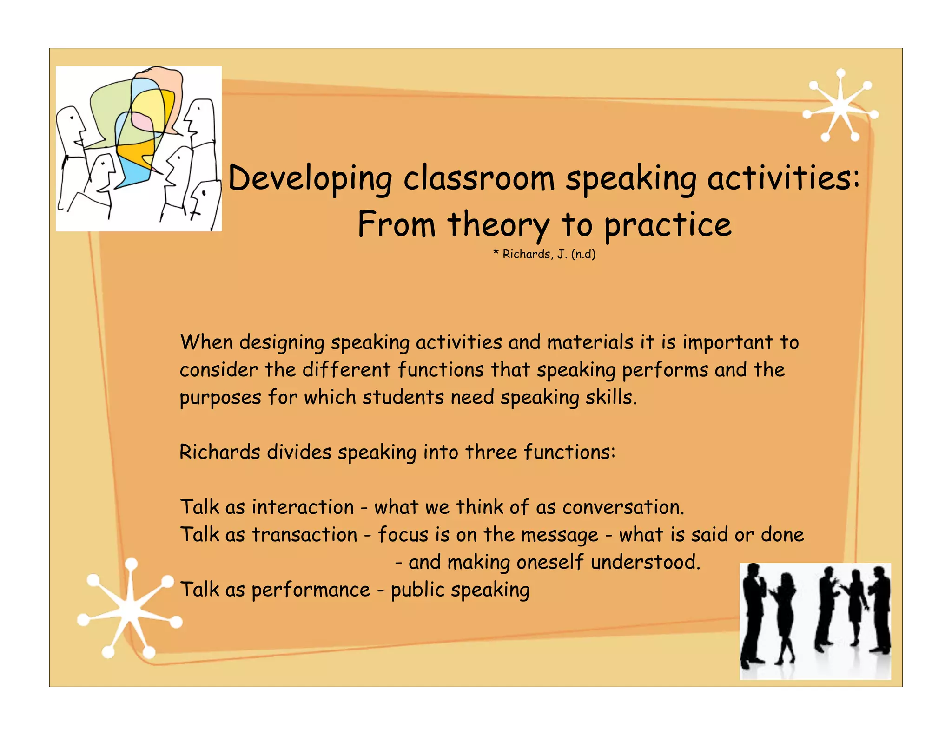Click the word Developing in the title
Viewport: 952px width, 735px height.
point(310,179)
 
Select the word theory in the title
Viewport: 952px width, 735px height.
point(499,225)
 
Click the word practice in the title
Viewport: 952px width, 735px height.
point(668,225)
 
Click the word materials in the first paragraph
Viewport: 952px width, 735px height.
point(590,343)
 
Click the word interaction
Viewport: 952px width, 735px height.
point(303,507)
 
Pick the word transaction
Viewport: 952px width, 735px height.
point(304,535)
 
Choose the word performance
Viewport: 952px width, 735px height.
point(311,590)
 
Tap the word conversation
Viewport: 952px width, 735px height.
point(623,507)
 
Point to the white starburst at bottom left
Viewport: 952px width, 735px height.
point(130,610)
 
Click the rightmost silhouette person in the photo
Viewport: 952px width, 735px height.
point(880,609)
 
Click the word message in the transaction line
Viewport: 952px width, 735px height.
point(559,535)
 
